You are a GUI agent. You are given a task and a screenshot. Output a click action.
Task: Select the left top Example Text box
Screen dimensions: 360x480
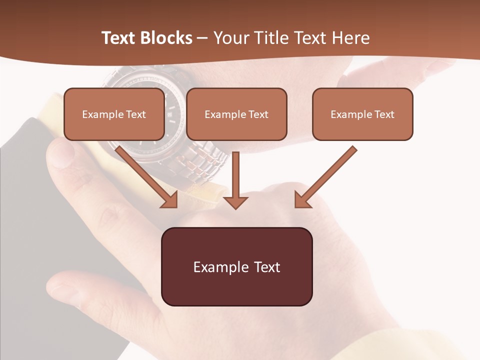tap(114, 114)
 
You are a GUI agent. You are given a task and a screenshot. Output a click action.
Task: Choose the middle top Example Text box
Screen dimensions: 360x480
tap(236, 114)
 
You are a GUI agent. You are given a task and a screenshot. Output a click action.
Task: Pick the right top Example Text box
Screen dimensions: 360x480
tap(362, 114)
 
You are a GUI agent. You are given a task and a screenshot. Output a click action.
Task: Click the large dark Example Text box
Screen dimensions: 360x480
tap(236, 266)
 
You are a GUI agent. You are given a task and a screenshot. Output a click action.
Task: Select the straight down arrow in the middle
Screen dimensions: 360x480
tap(235, 180)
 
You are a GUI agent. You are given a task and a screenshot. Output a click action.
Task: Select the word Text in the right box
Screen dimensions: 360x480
tap(384, 114)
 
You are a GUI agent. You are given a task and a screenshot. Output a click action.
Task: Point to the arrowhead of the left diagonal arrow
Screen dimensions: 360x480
tap(169, 199)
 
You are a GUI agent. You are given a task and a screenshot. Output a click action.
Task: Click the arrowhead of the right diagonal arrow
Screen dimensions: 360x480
tap(302, 199)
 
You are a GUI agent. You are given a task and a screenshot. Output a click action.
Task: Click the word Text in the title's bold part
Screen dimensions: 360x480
tap(118, 38)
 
